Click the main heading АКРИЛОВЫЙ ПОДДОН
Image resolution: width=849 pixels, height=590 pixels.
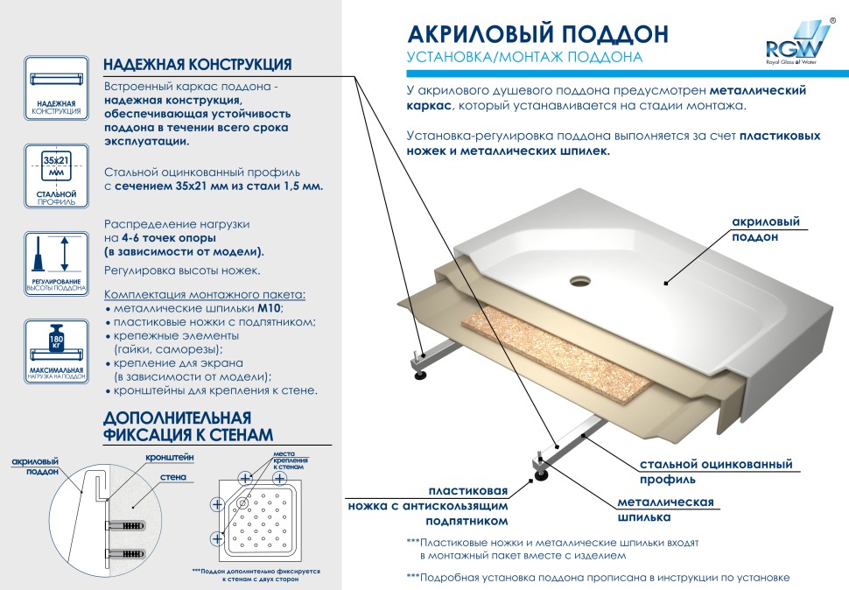click(x=538, y=33)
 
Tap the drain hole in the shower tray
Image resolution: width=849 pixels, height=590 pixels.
click(x=580, y=281)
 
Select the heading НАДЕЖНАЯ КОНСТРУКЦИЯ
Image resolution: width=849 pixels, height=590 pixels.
click(x=198, y=65)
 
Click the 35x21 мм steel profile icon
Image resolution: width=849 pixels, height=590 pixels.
click(x=56, y=166)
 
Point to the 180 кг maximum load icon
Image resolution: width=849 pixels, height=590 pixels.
click(x=56, y=346)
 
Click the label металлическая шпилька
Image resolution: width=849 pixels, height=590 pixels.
click(x=666, y=509)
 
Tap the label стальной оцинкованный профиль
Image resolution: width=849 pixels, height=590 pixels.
click(x=716, y=471)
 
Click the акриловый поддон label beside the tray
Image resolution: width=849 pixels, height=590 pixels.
click(x=766, y=230)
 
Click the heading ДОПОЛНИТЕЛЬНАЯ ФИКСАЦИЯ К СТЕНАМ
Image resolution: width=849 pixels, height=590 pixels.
click(x=188, y=425)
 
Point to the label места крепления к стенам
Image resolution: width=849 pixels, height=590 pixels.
click(x=290, y=460)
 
